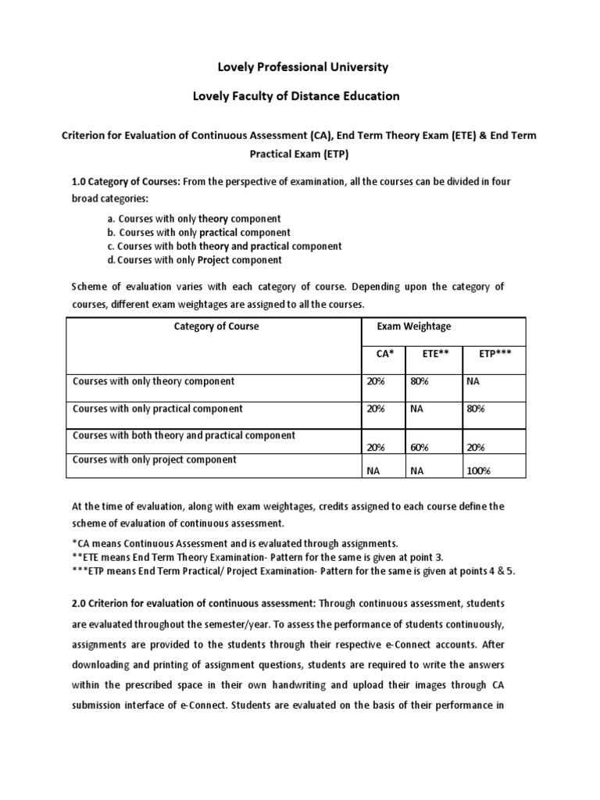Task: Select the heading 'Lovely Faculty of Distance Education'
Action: click(296, 96)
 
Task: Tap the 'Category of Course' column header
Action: click(216, 327)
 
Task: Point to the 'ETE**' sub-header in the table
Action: click(435, 354)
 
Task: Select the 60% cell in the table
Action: click(420, 447)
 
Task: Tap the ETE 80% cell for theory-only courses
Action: click(420, 382)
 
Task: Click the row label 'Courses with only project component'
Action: click(155, 460)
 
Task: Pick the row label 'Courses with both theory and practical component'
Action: click(184, 435)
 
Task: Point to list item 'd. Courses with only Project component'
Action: click(195, 260)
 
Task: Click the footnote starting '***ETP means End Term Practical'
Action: click(294, 571)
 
